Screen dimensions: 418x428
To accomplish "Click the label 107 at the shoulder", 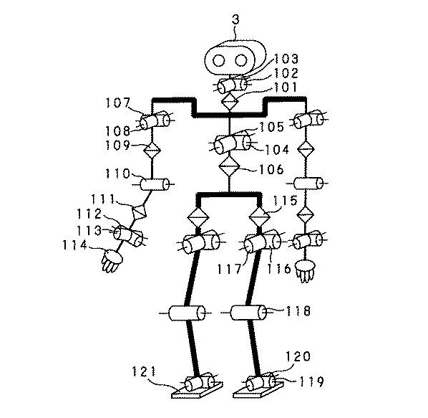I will (x=117, y=103).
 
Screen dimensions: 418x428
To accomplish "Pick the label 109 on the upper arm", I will (x=116, y=144).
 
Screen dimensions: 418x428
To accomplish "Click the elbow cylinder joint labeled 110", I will (x=154, y=184).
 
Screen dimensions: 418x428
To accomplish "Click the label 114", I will (x=74, y=244).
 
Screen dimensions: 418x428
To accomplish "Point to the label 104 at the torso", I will (x=275, y=151).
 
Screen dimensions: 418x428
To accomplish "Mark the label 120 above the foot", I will (x=298, y=356).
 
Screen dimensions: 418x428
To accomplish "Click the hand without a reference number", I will (x=305, y=270).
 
